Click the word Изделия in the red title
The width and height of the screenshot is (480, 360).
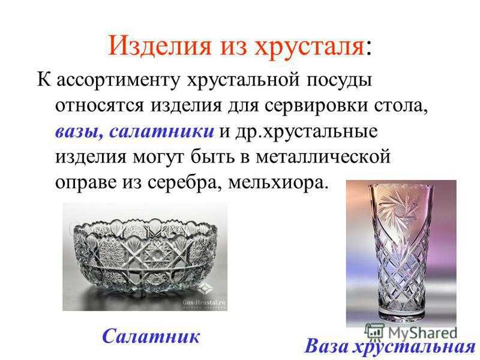click(x=160, y=46)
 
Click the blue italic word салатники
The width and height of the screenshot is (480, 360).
click(x=161, y=131)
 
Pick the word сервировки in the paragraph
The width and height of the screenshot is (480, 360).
click(x=316, y=106)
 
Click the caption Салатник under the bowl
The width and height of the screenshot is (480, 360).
click(x=151, y=336)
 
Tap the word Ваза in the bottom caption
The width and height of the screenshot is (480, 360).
click(x=326, y=346)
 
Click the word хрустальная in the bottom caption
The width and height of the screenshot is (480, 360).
click(x=414, y=347)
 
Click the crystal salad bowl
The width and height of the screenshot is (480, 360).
click(x=145, y=257)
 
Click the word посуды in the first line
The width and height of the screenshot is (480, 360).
click(x=339, y=81)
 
